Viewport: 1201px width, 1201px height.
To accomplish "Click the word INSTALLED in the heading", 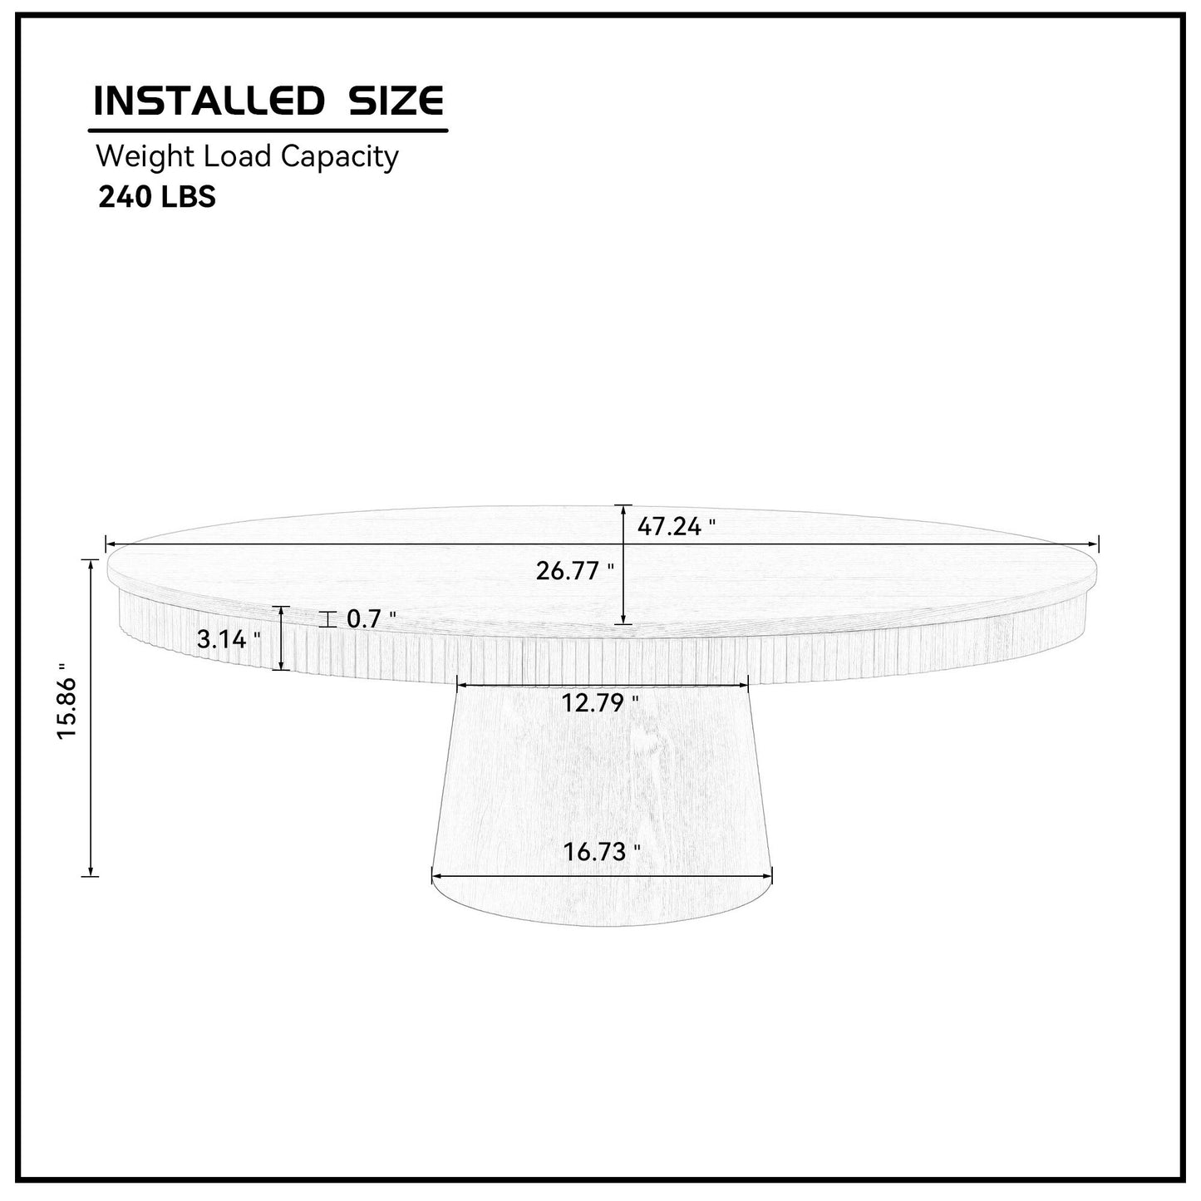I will click(x=208, y=101).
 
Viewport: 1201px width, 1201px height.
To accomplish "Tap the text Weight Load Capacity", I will click(x=247, y=156).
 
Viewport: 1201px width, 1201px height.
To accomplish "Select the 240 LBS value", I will click(x=157, y=197).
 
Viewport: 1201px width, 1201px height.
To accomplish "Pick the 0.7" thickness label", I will click(x=371, y=619).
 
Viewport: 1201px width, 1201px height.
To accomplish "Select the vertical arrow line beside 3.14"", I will click(x=283, y=638).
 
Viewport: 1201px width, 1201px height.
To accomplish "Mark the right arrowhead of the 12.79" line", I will click(x=746, y=685).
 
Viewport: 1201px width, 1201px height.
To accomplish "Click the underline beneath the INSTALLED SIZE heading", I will click(x=268, y=130).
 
